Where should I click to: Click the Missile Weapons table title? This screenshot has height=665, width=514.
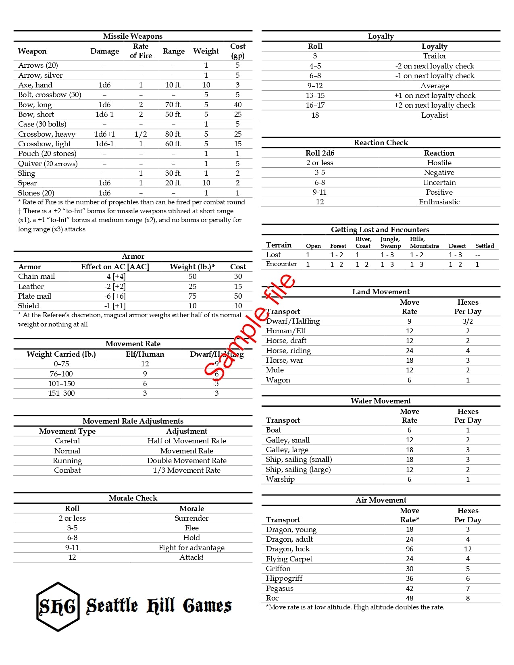133,36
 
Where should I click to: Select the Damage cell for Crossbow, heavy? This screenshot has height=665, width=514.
104,134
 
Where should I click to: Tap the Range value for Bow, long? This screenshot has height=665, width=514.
173,105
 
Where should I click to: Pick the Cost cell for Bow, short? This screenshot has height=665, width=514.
238,114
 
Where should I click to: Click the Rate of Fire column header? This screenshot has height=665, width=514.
141,51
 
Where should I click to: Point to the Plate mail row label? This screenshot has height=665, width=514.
35,296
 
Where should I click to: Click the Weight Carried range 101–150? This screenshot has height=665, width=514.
61,384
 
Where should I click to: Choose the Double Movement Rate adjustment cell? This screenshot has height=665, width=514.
187,461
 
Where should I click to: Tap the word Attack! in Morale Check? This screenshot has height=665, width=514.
191,557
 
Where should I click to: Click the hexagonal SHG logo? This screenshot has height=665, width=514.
57,607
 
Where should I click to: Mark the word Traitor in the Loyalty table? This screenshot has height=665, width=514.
435,56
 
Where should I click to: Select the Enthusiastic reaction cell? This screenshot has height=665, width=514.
439,202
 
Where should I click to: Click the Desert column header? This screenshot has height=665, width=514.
457,246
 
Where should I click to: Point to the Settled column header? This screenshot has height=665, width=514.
485,246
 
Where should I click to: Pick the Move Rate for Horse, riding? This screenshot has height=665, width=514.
410,351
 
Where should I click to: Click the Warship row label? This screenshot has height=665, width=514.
280,479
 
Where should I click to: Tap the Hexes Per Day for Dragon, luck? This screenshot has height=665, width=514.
468,549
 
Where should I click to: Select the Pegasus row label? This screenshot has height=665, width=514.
279,588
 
